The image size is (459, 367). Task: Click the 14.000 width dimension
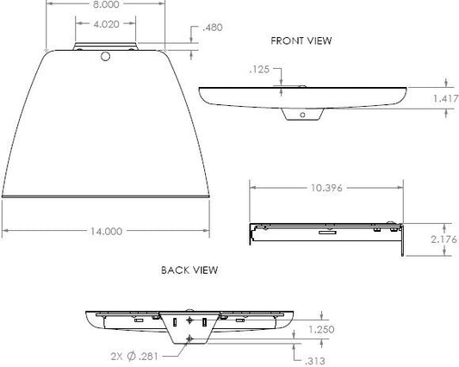[x=106, y=232]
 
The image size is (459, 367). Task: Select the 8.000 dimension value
[x=106, y=4]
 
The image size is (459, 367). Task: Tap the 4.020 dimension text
[x=106, y=24]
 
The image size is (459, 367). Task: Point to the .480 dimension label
[x=213, y=28]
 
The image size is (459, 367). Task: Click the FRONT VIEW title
[x=301, y=40]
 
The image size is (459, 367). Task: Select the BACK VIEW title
[x=189, y=270]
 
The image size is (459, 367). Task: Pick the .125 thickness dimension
[x=259, y=70]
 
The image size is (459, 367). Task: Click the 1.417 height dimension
[x=446, y=99]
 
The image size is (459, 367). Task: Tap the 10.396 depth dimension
[x=326, y=188]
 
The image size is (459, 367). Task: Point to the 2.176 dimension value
[x=443, y=239]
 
